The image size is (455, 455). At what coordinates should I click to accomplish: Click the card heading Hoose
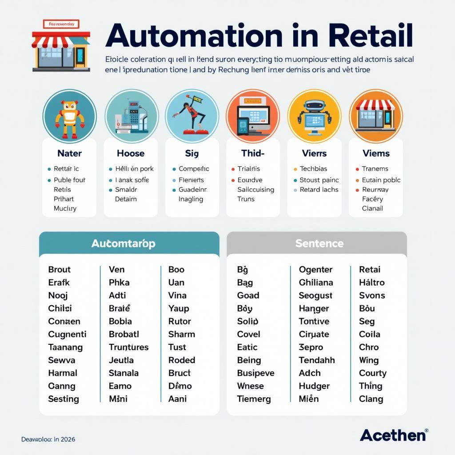[x=131, y=153]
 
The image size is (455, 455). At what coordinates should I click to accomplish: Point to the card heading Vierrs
[x=314, y=153]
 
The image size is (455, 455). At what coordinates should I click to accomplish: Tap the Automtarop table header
[x=123, y=243]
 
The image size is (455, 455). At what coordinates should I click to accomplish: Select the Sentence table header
[x=319, y=243]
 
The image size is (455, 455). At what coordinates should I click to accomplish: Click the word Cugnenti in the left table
[x=67, y=334]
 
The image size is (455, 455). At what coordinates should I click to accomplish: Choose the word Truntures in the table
[x=129, y=347]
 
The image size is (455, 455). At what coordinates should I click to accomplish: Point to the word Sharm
[x=182, y=334]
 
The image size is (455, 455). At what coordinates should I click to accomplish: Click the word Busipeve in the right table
[x=255, y=373]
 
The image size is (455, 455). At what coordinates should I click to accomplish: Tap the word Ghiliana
[x=316, y=282]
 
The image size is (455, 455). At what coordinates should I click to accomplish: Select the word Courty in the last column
[x=373, y=373]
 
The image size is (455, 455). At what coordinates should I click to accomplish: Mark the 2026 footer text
[x=68, y=439]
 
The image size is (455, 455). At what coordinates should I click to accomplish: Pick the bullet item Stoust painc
[x=319, y=180]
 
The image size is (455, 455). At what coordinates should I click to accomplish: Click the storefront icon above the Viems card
[x=375, y=115]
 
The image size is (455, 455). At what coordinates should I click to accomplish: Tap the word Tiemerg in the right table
[x=254, y=399]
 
